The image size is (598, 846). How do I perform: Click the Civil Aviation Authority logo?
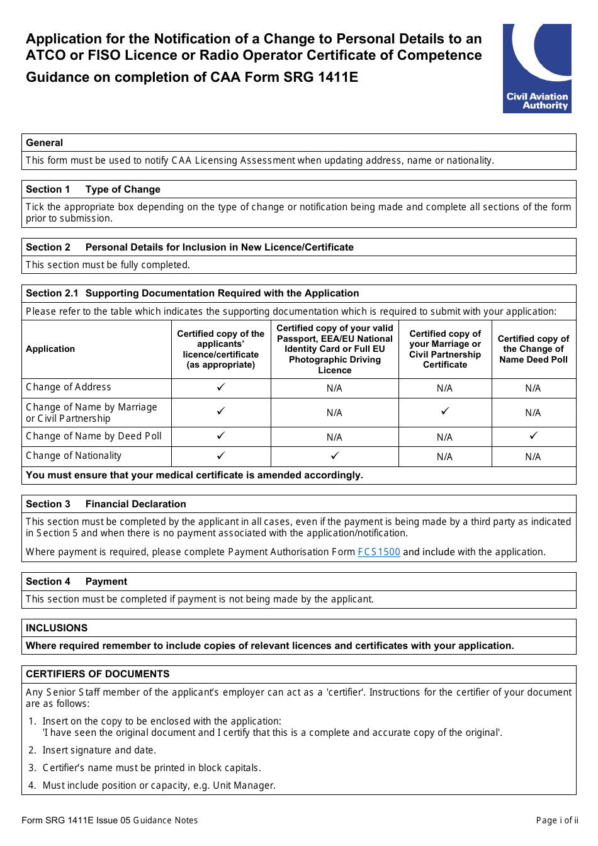(537, 69)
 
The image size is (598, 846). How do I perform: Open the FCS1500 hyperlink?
(378, 552)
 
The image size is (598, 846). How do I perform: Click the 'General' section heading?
(45, 143)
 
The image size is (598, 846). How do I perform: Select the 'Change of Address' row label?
(69, 387)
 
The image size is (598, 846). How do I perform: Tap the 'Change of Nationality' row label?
(74, 456)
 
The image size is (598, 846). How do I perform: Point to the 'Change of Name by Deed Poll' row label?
(94, 436)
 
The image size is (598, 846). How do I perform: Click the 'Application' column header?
(50, 349)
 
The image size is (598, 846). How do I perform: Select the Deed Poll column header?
(533, 349)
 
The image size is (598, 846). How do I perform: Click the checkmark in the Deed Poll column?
(533, 436)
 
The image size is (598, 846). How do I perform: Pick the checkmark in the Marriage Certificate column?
(444, 411)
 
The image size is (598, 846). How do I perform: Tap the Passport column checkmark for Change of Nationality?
(334, 455)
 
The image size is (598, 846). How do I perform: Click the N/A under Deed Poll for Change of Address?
(533, 388)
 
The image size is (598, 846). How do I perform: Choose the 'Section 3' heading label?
(48, 504)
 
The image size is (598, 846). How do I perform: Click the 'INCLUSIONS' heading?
(57, 628)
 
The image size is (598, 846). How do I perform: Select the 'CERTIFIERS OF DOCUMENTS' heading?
(98, 674)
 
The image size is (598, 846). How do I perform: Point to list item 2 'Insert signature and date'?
(99, 750)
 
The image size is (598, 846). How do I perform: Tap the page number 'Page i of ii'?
(556, 820)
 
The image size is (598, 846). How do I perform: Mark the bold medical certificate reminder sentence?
(195, 475)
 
